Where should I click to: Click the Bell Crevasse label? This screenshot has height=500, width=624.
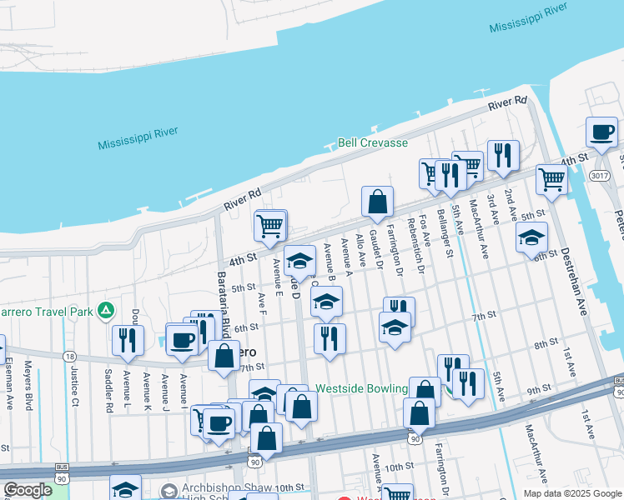[x=373, y=143]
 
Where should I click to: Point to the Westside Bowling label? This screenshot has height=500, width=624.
[x=361, y=389]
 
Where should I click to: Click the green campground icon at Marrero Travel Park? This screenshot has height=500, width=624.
[x=105, y=312]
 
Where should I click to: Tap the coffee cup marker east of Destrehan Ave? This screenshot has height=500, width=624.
[x=601, y=132]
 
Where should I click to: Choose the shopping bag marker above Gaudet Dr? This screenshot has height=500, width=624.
[x=377, y=202]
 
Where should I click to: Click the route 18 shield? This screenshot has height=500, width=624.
[x=68, y=356]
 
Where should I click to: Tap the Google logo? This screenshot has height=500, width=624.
[x=28, y=490]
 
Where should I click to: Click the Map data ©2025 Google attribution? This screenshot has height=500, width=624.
[x=571, y=493]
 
